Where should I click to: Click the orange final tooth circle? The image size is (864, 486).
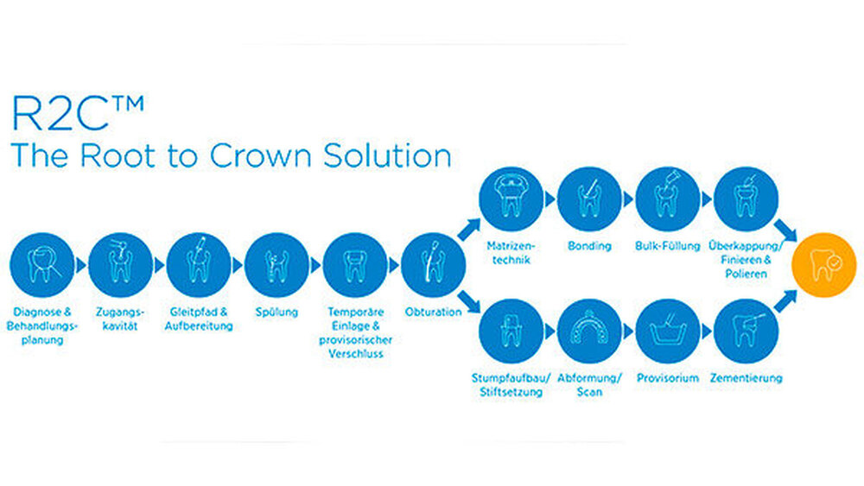[x=823, y=265]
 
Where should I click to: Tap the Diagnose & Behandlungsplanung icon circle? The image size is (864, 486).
[x=42, y=265]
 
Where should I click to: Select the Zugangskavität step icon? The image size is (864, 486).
[x=121, y=265]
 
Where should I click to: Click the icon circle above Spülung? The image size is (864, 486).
[x=276, y=265]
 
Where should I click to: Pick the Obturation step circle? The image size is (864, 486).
[x=433, y=265]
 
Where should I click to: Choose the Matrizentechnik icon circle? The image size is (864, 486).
[x=511, y=199]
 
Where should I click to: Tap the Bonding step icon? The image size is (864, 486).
[x=589, y=199]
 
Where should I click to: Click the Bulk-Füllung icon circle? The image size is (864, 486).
[x=667, y=199]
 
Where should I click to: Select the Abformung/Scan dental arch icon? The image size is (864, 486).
[x=589, y=331]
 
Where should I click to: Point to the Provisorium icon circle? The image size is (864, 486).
[x=667, y=331]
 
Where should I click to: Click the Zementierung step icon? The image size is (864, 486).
[x=746, y=331]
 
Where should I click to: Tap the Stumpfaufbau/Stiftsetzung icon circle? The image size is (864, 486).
[x=511, y=331]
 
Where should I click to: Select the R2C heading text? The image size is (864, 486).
[x=78, y=113]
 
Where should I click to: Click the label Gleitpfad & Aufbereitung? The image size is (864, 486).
[x=199, y=319]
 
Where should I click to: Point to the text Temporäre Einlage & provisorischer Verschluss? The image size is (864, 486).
[x=355, y=332]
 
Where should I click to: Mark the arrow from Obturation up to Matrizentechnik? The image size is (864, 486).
[x=469, y=229]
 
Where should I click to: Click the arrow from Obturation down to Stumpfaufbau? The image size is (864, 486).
[x=469, y=301]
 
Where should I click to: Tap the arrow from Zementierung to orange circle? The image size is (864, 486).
[x=785, y=301]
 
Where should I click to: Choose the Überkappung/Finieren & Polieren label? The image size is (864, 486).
[x=746, y=259]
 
